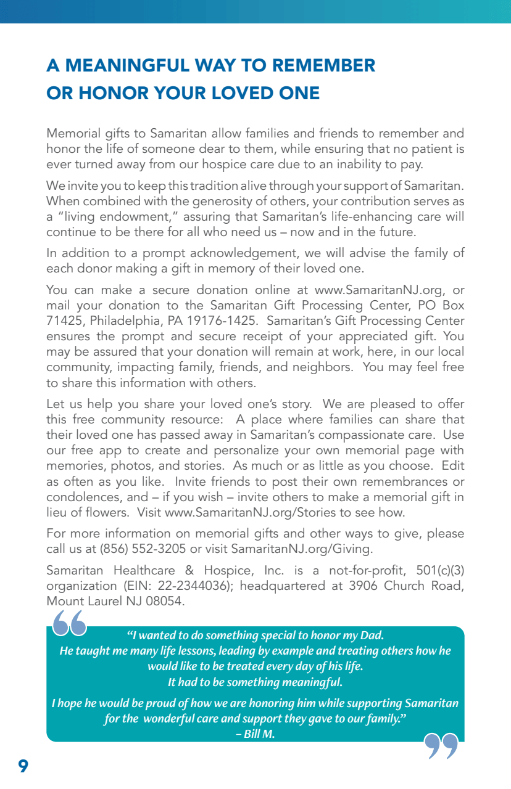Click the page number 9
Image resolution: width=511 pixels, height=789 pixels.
23,766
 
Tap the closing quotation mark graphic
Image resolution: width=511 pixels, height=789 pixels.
442,745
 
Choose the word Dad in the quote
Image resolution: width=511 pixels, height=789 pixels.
372,636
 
